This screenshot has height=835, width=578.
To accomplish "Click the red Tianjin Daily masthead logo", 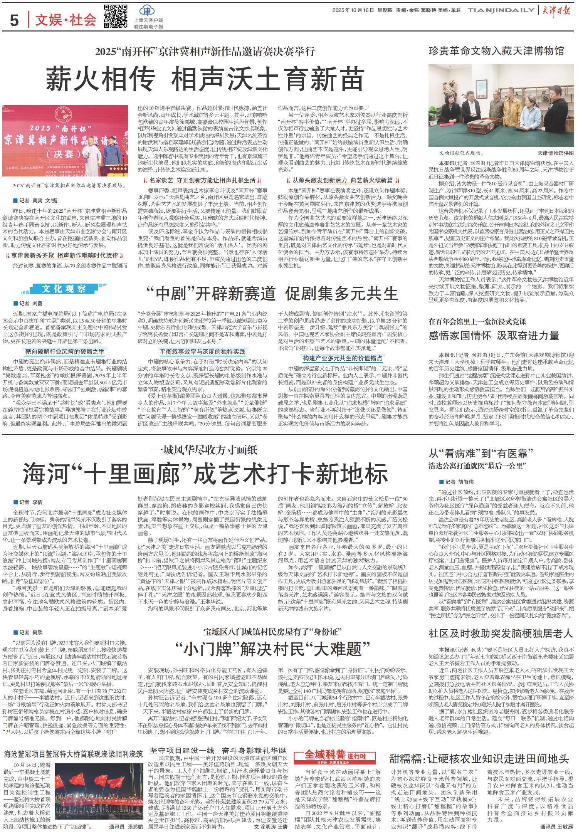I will [557, 11].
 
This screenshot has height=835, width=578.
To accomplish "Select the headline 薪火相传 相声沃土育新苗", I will [205, 78].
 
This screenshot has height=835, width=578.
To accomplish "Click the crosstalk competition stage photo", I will [65, 140].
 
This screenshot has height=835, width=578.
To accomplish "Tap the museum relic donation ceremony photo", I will [501, 105].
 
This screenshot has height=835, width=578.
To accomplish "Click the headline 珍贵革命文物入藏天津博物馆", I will [496, 50].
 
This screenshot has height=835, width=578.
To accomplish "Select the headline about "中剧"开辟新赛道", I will [272, 294].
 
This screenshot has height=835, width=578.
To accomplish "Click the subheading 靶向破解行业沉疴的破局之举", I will [64, 351].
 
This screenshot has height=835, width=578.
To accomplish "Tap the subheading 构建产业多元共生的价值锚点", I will [343, 358].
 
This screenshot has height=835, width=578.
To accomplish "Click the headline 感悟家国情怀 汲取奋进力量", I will [494, 336].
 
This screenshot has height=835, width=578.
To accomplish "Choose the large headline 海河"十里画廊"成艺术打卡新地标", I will [205, 474].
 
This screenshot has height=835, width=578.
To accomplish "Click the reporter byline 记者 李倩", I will [28, 502].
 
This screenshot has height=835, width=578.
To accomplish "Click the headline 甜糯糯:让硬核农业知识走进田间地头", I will [479, 759].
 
